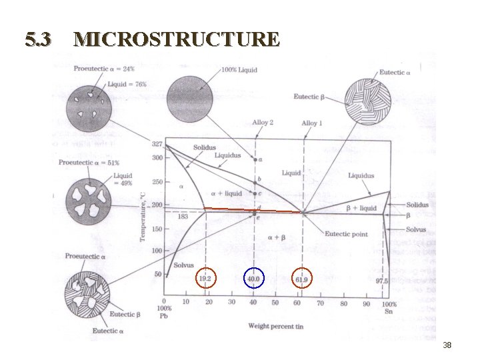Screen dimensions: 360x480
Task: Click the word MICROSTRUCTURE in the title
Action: tap(177, 39)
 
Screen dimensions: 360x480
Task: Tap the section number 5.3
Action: tap(38, 40)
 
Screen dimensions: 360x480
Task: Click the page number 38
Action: tap(447, 345)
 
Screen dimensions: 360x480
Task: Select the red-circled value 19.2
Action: tap(205, 279)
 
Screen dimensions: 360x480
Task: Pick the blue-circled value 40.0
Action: tap(254, 279)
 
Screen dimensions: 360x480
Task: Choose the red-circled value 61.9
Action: tap(302, 279)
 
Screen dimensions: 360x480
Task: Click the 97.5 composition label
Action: tap(381, 281)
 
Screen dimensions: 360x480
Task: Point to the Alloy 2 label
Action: tap(263, 123)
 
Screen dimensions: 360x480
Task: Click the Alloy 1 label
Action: tap(311, 123)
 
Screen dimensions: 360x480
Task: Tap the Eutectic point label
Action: tap(346, 234)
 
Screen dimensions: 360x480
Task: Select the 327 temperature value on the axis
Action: tap(157, 144)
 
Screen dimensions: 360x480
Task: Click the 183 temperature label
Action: tap(183, 216)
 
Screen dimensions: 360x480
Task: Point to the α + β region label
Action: tap(277, 237)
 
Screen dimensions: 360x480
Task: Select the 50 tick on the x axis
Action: tap(275, 303)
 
